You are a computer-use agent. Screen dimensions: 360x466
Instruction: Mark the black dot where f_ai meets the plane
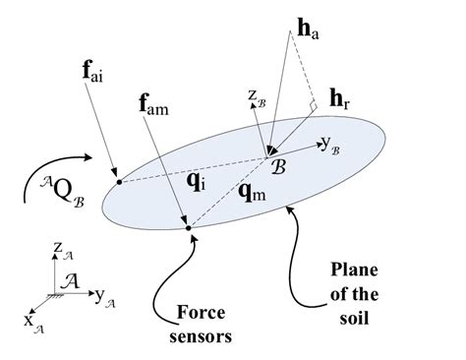[118, 181]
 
